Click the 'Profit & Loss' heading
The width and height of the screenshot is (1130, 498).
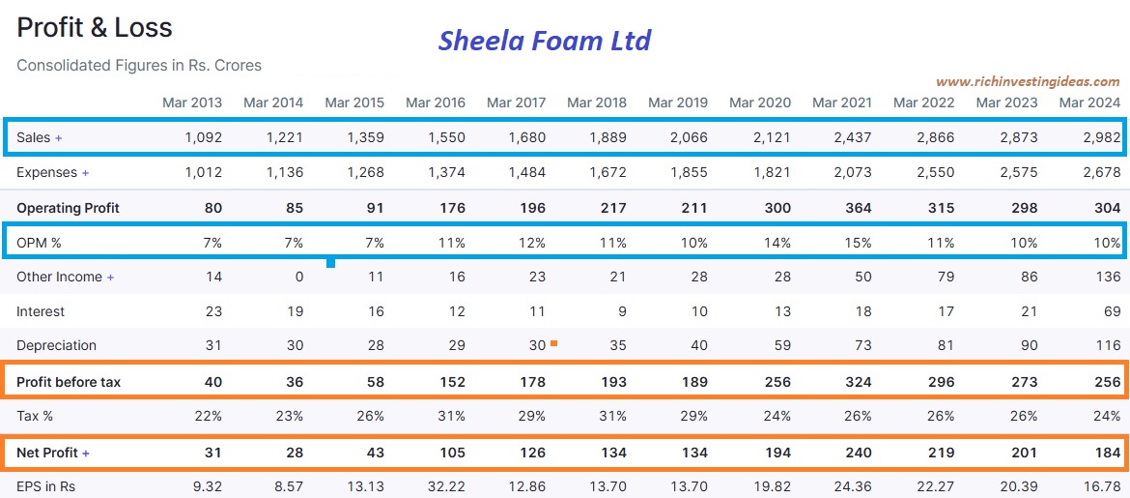click(95, 28)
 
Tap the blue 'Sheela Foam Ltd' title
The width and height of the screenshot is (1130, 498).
click(545, 41)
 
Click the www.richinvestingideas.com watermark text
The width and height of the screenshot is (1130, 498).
click(1028, 82)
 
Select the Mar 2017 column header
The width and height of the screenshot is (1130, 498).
click(516, 103)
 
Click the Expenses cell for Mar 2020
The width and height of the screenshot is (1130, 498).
click(773, 172)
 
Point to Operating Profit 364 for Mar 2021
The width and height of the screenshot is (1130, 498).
click(855, 208)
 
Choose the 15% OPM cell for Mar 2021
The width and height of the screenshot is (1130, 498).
click(860, 243)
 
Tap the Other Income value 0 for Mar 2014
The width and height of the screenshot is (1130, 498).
click(298, 277)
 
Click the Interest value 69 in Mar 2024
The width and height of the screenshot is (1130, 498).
click(1111, 311)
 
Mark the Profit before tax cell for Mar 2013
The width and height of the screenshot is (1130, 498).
click(212, 382)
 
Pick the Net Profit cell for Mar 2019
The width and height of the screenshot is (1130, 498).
click(692, 453)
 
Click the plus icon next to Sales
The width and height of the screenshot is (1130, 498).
click(59, 138)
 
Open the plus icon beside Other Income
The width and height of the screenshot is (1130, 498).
click(110, 278)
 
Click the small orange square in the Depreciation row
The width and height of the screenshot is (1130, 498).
click(553, 342)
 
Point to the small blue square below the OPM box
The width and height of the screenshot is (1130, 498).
click(331, 262)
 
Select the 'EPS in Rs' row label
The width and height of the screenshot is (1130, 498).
click(45, 486)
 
